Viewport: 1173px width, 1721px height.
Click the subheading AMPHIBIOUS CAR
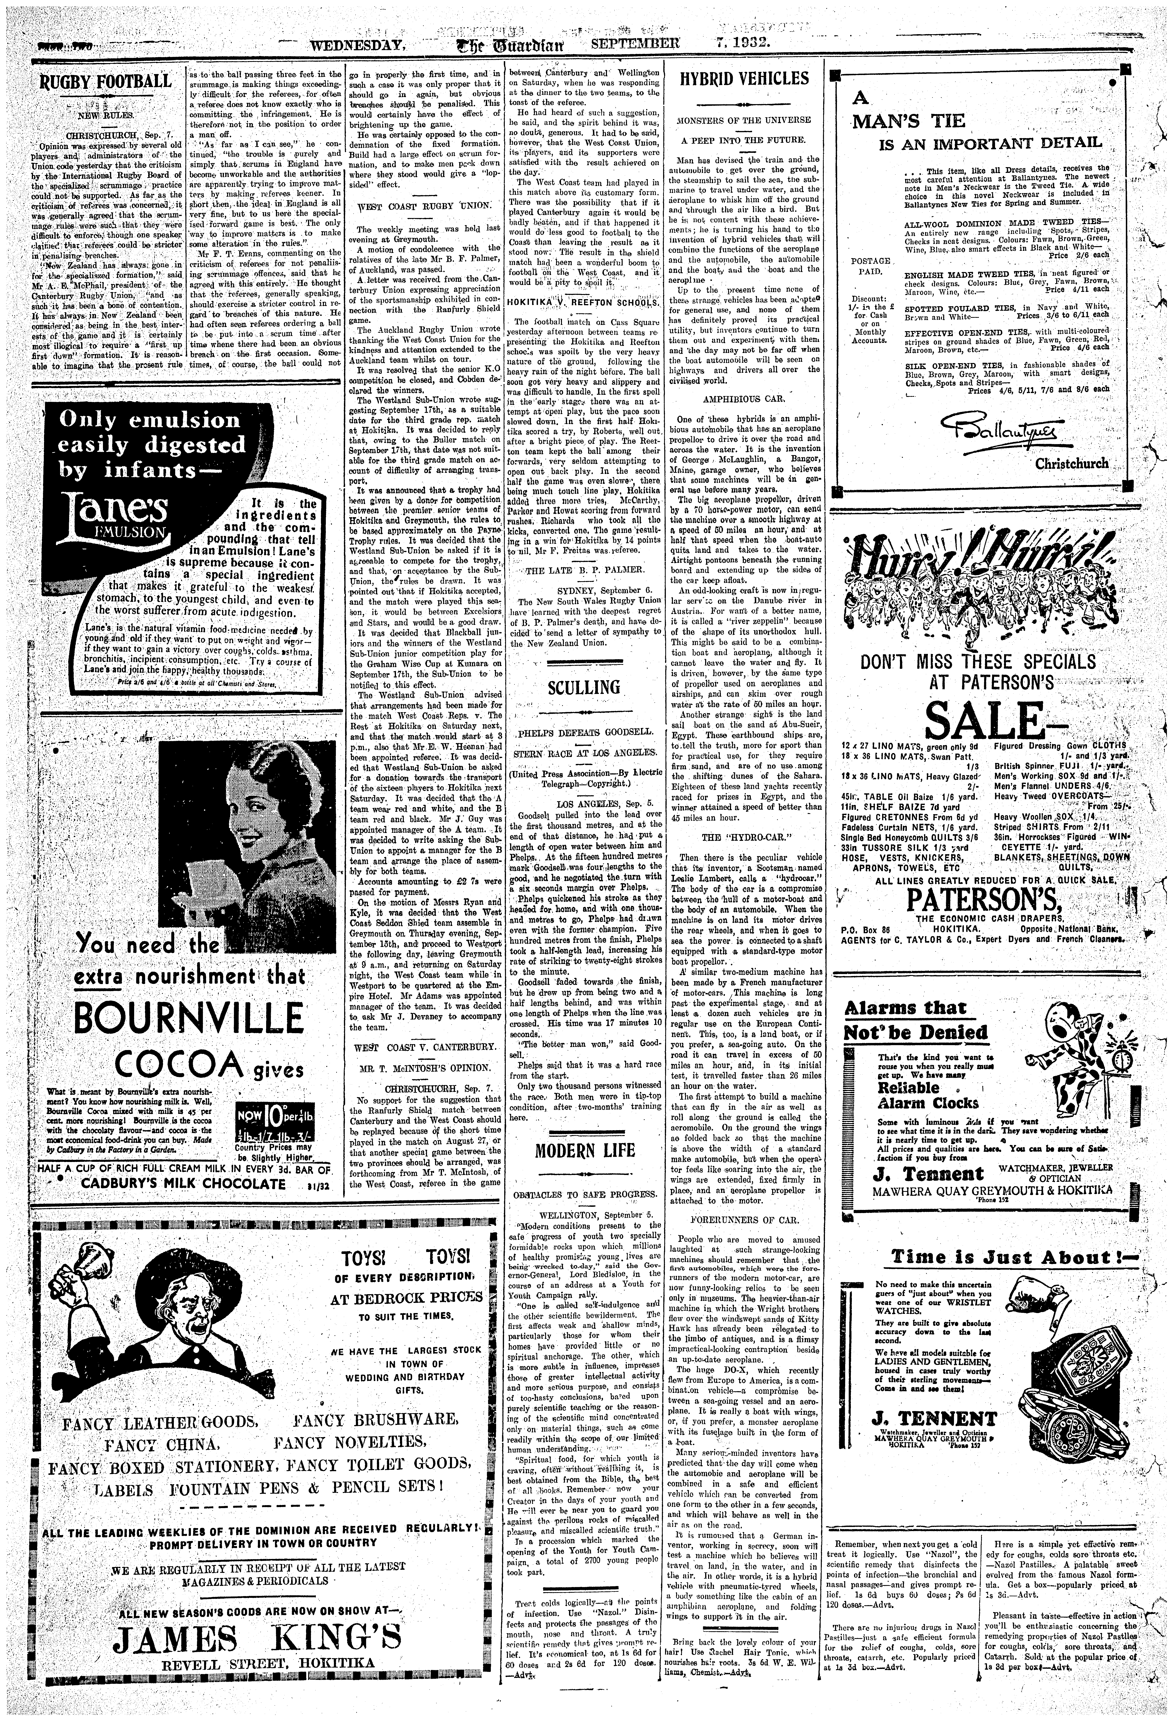[x=743, y=398]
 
